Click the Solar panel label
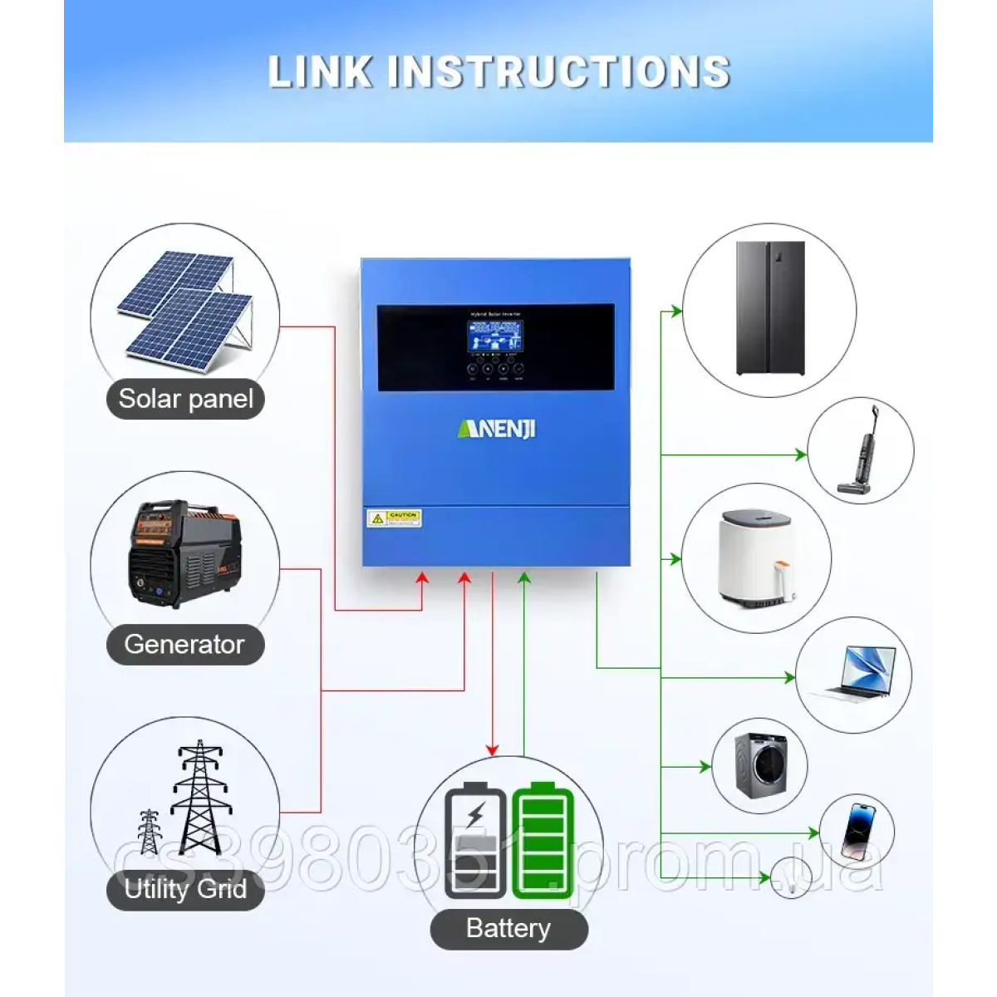185,399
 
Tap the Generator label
184,644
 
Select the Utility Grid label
185,889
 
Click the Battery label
508,928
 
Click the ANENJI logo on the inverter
497,429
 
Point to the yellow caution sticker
394,518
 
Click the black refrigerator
770,308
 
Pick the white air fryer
756,559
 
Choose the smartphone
856,830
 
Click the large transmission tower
197,798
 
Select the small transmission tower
149,831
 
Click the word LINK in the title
320,72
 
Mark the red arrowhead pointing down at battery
493,749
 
